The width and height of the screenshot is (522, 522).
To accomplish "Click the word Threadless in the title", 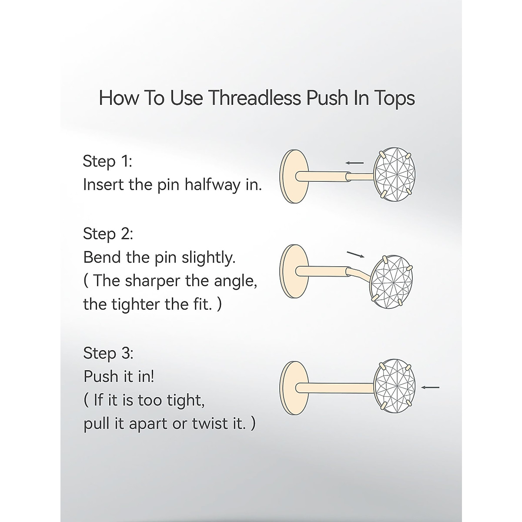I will click(254, 98).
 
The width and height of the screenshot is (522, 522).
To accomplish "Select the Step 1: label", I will click(107, 161).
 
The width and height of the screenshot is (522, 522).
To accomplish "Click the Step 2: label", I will click(108, 234).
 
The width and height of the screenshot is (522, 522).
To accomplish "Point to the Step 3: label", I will click(108, 353).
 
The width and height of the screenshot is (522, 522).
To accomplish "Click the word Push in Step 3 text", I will click(101, 376).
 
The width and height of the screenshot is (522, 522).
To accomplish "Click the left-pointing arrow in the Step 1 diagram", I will click(355, 163).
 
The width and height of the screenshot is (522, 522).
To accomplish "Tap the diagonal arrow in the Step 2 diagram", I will click(355, 254).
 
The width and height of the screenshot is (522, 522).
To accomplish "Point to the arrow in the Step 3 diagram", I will click(430, 387).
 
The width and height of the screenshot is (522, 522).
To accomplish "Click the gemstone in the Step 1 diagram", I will click(395, 173).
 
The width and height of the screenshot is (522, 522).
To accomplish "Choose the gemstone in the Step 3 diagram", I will click(395, 386).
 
